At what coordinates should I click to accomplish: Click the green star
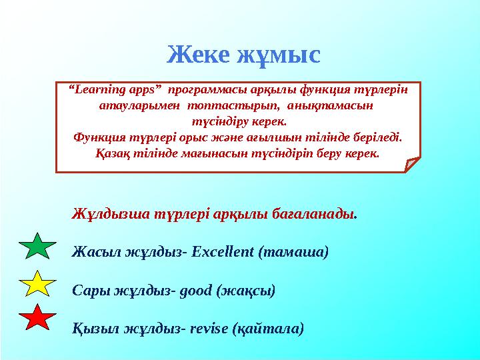pos(39,246)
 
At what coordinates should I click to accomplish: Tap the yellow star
pos(39,284)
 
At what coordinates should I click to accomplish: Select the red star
pos(39,319)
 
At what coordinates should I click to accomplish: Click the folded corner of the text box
pos(411,163)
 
